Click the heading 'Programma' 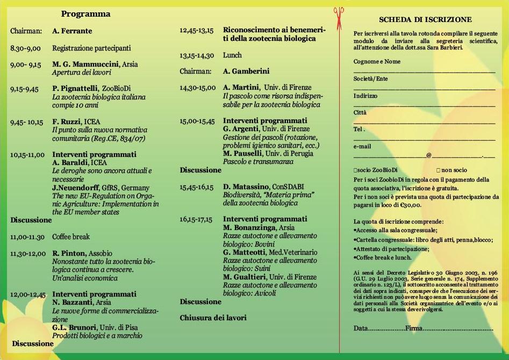(x=85, y=14)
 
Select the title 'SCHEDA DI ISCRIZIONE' (x=425, y=20)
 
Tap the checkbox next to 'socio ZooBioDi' (x=355, y=170)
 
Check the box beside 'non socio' (x=438, y=170)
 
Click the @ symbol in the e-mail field (x=429, y=155)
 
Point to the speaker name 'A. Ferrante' (x=72, y=31)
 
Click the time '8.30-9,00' (x=25, y=48)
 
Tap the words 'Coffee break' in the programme (x=71, y=236)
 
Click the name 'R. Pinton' (x=69, y=253)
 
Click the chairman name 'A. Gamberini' (x=246, y=71)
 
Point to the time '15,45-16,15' (x=196, y=187)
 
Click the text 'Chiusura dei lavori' (x=213, y=318)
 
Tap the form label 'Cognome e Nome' (x=377, y=62)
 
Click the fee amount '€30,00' (x=410, y=205)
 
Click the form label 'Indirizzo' (x=365, y=96)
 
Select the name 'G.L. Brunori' (x=74, y=327)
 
